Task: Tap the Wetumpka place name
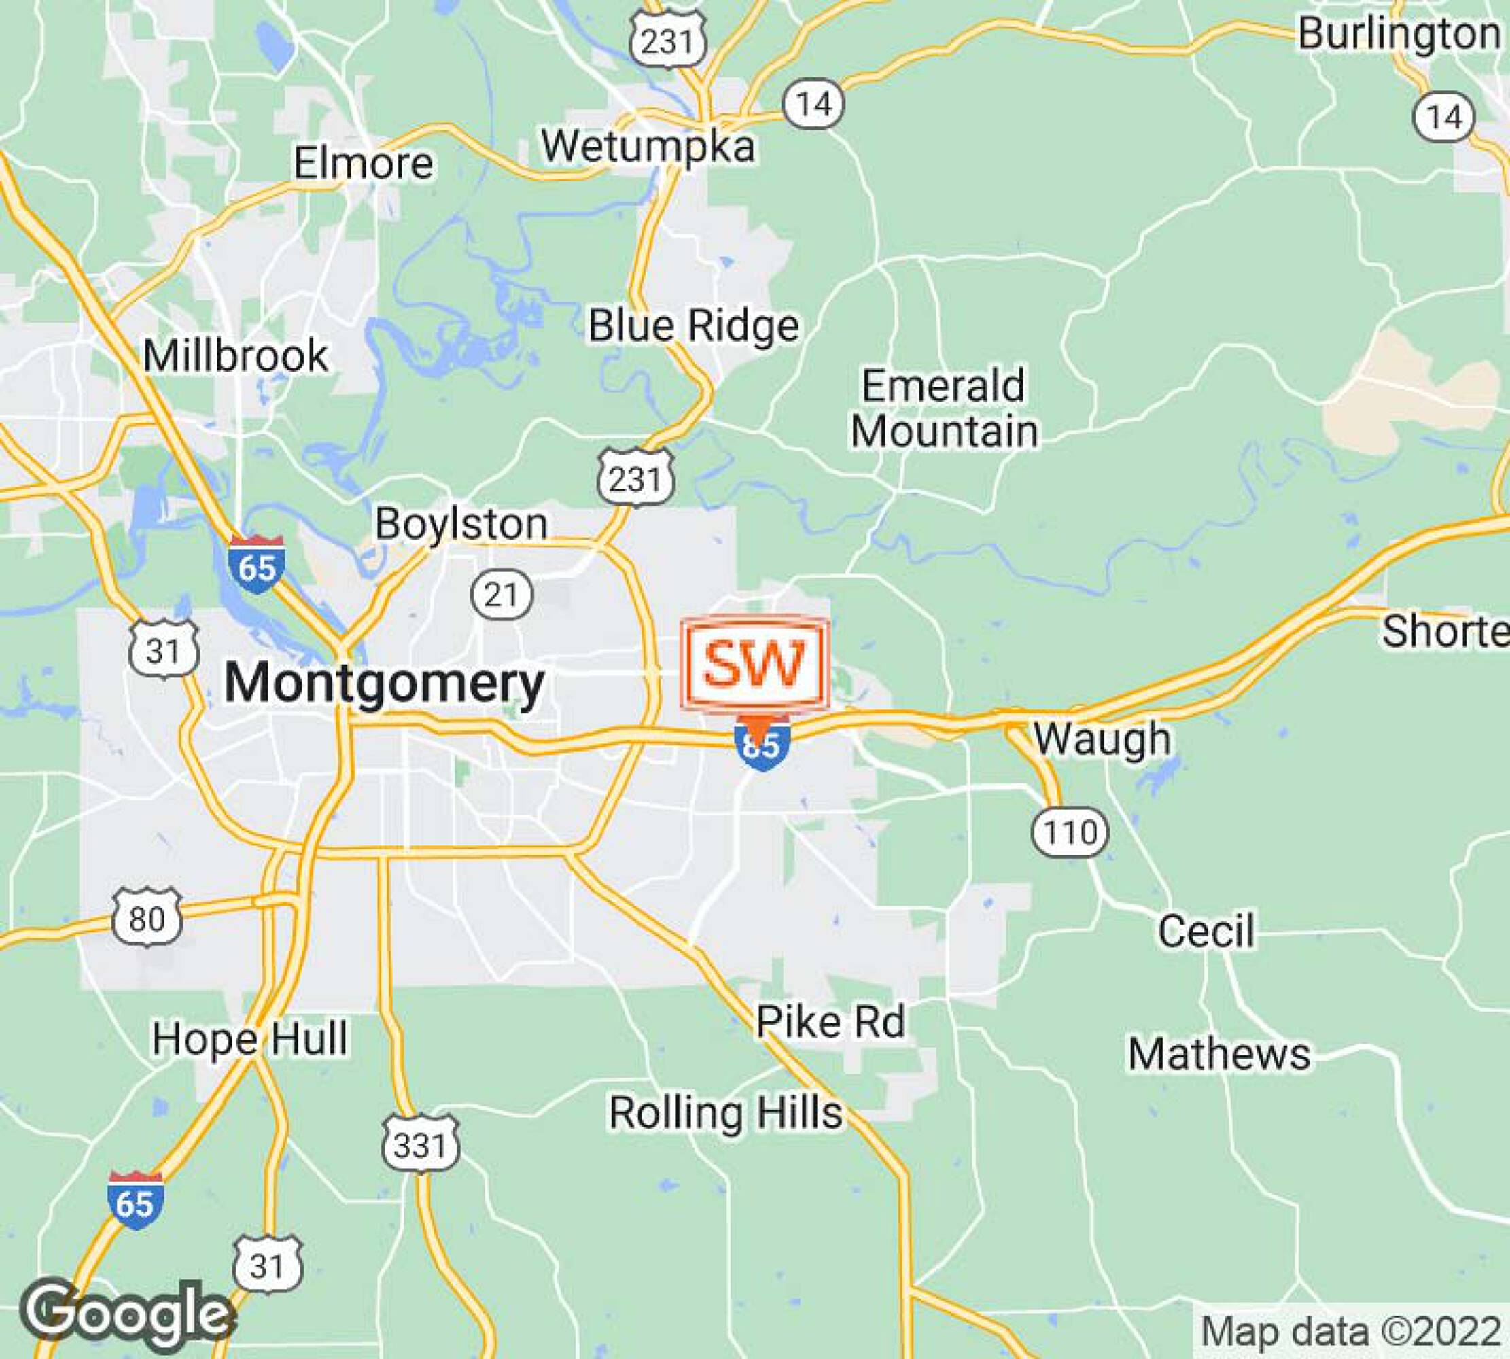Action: pyautogui.click(x=648, y=146)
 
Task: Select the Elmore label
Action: pyautogui.click(x=363, y=163)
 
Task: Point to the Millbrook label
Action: pyautogui.click(x=235, y=355)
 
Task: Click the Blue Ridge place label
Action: pyautogui.click(x=693, y=325)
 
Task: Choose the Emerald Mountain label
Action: pyautogui.click(x=944, y=408)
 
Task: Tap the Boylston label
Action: pyautogui.click(x=461, y=523)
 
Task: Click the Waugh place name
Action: pyautogui.click(x=1102, y=738)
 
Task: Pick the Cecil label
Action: pyautogui.click(x=1206, y=931)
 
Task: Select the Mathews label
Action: pyautogui.click(x=1218, y=1055)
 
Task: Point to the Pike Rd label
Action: pyautogui.click(x=830, y=1021)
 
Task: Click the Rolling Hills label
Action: pyautogui.click(x=726, y=1112)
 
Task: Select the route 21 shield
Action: pyautogui.click(x=502, y=595)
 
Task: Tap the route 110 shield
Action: pyautogui.click(x=1070, y=832)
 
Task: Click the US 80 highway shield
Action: pyautogui.click(x=147, y=919)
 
